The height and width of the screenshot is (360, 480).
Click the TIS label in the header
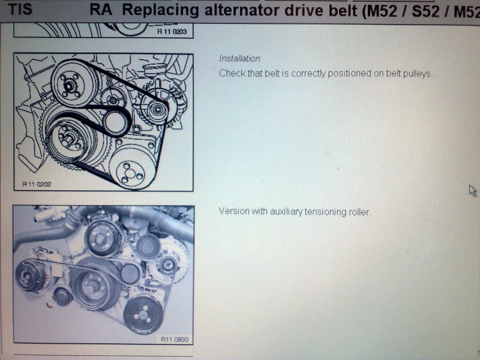click(20, 9)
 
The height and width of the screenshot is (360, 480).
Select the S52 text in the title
click(426, 11)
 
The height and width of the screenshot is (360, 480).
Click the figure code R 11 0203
click(172, 31)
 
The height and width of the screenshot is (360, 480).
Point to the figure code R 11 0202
click(37, 184)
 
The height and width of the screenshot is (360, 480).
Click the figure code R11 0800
click(175, 339)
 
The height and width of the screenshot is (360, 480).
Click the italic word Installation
click(239, 58)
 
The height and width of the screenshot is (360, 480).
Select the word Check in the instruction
click(231, 73)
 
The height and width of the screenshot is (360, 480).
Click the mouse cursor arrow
click(473, 190)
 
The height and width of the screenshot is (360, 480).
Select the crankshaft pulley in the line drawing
click(67, 139)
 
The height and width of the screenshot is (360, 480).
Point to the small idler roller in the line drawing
click(115, 123)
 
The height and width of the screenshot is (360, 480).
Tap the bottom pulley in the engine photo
click(143, 314)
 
